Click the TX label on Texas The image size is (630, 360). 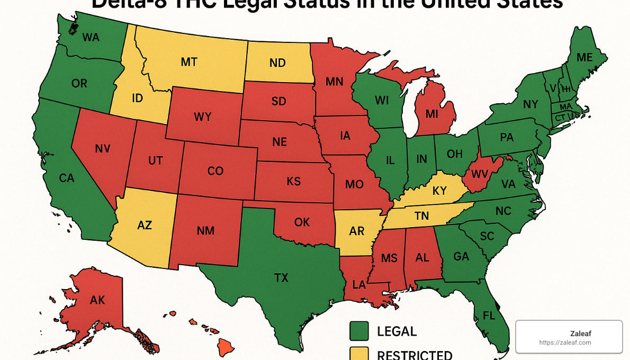[x=282, y=277]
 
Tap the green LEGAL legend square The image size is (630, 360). [x=359, y=331]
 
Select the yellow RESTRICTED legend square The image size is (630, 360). [x=359, y=354]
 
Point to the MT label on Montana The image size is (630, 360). [x=189, y=62]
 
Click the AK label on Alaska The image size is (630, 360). [x=97, y=300]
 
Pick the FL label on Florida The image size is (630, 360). [x=490, y=316]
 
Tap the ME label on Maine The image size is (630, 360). [x=584, y=58]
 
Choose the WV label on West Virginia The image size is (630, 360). [x=479, y=173]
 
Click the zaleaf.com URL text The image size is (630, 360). [x=565, y=343]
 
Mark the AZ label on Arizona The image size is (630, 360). [x=145, y=225]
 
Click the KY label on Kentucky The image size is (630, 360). [x=439, y=191]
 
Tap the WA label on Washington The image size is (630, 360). [x=91, y=38]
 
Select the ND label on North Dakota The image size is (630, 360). [x=277, y=63]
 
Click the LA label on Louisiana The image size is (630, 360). [x=359, y=284]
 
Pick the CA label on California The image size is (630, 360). [x=67, y=178]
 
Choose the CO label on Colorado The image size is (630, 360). [x=215, y=171]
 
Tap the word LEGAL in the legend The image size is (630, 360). [x=397, y=331]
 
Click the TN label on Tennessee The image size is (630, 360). [x=421, y=216]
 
